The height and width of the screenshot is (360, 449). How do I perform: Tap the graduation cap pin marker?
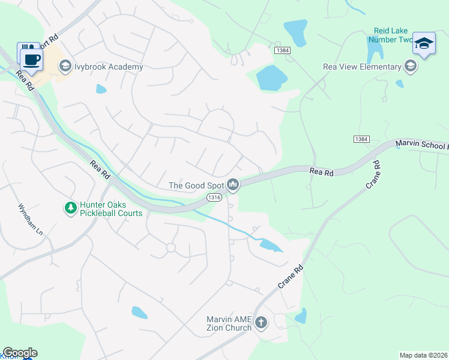[424, 43]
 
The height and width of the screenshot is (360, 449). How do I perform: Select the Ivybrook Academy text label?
[109, 67]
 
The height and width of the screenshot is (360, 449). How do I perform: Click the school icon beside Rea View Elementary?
[411, 67]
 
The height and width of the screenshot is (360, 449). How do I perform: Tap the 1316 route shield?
[214, 197]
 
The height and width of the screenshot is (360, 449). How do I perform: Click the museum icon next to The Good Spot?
[234, 185]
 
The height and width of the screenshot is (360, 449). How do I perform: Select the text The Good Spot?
[196, 185]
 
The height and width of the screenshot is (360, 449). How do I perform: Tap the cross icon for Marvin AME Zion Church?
[261, 323]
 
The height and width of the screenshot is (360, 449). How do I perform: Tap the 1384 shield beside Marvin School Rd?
[361, 139]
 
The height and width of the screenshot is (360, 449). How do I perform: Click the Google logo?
[19, 353]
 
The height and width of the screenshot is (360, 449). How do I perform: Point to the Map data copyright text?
[424, 355]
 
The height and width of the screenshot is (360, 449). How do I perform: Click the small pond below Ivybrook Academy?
[101, 89]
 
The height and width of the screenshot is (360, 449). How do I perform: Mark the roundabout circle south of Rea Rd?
[170, 247]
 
